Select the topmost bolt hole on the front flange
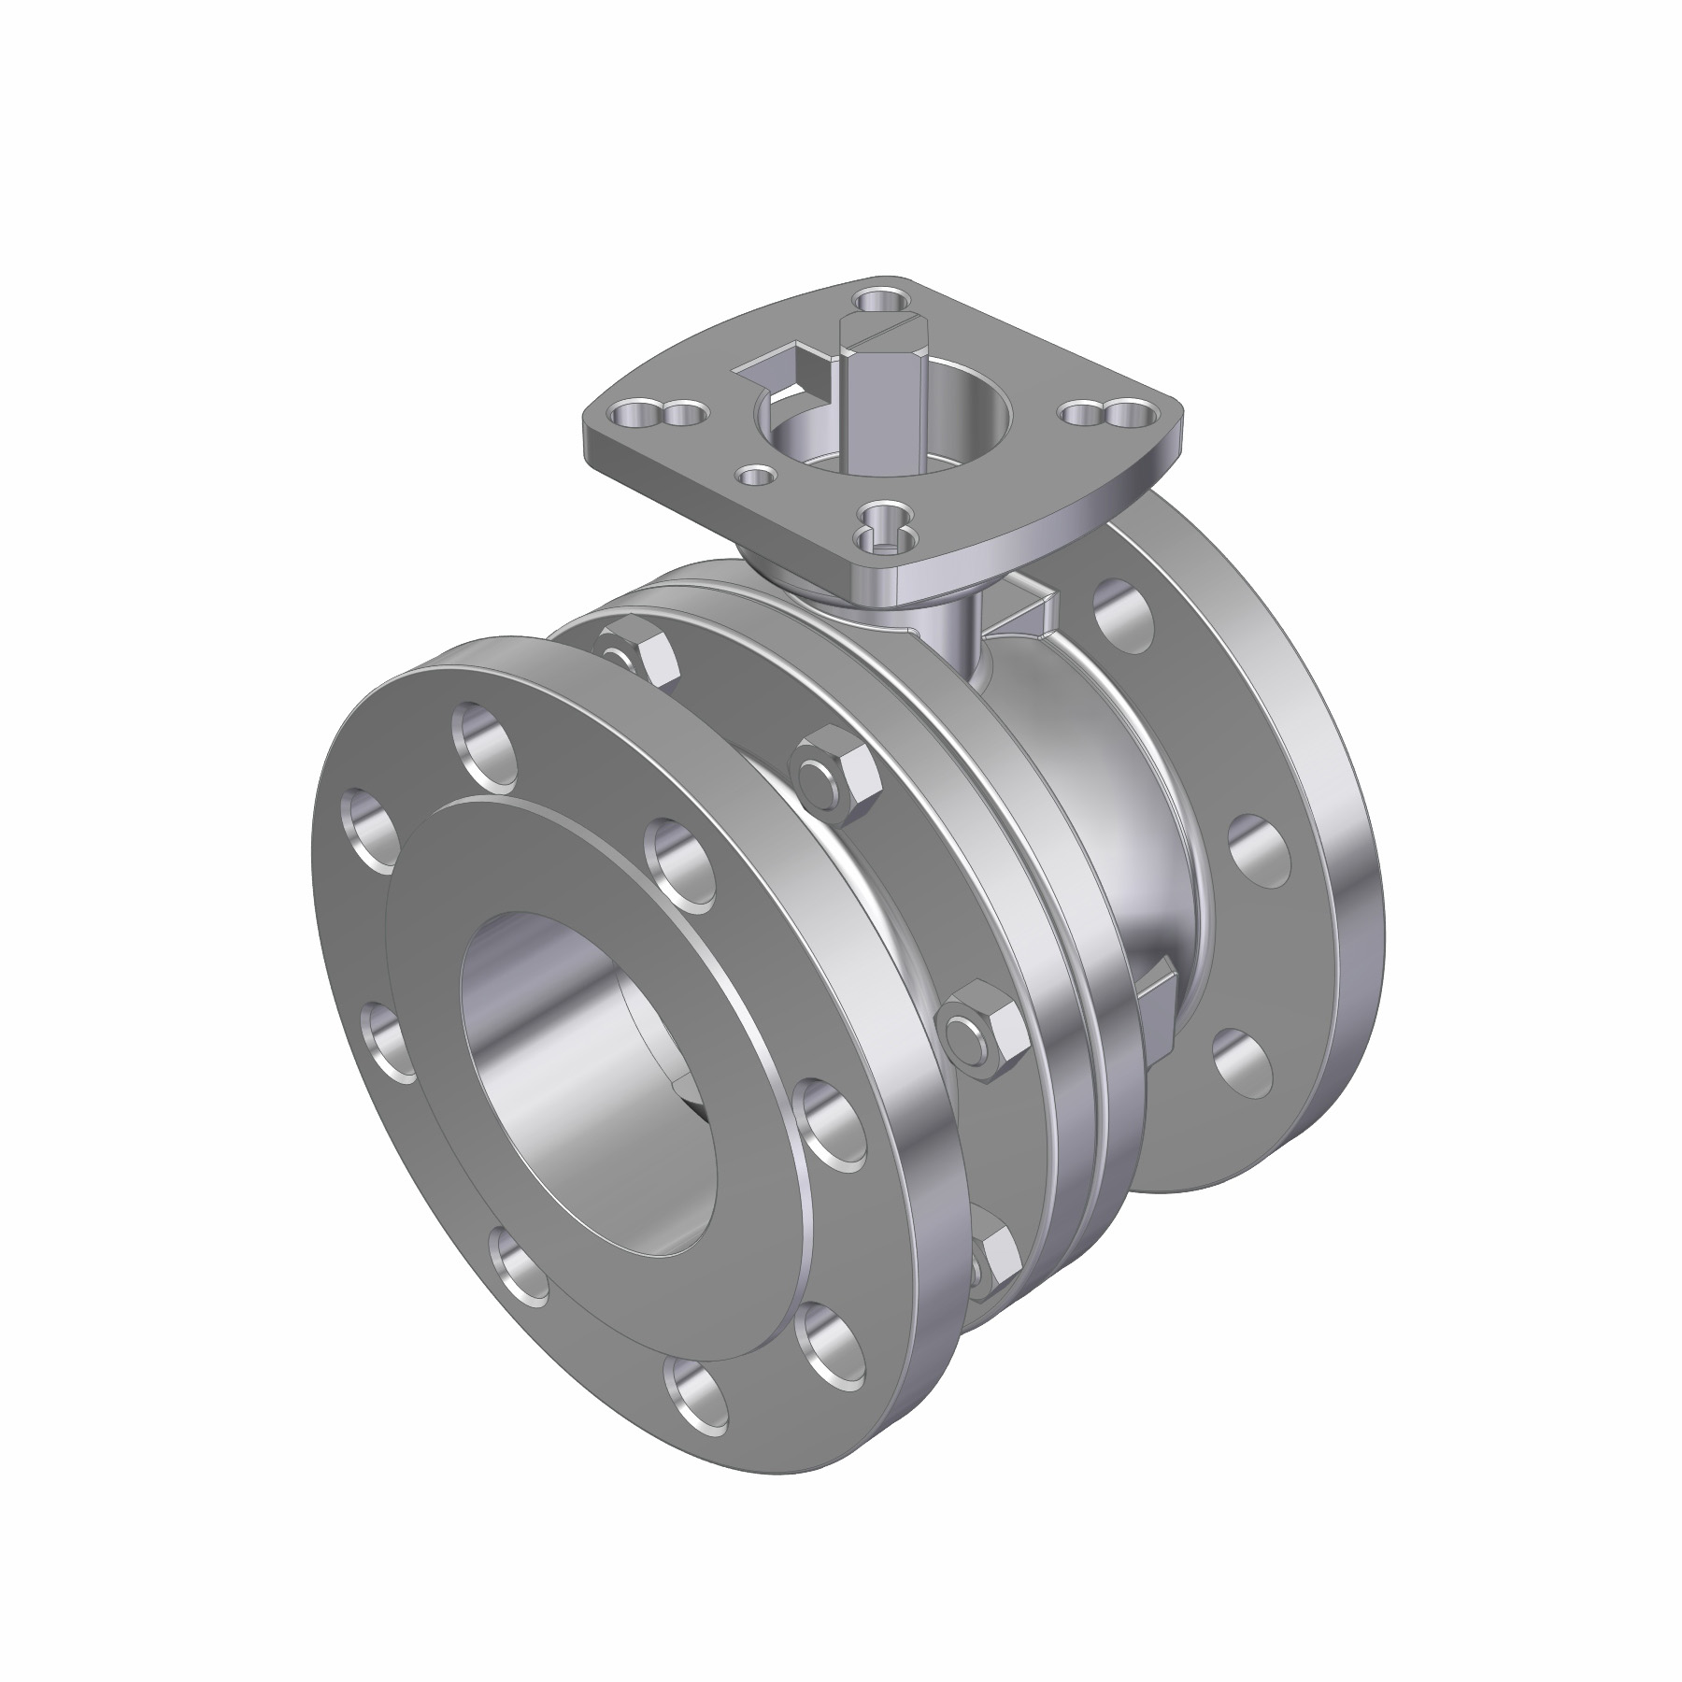coord(485,740)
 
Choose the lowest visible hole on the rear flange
coord(1244,1063)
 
